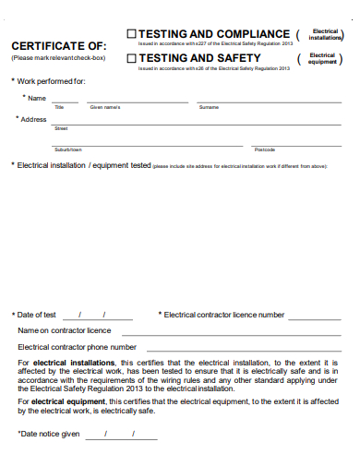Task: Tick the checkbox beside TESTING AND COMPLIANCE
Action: pos(130,34)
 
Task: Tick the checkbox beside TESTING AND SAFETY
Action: pos(130,58)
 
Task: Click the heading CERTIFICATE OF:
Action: pos(58,46)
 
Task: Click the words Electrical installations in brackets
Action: pos(325,35)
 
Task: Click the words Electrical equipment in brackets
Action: pos(322,58)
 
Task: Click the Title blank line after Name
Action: pos(64,101)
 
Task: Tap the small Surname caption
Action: pos(209,108)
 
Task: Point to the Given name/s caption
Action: pos(105,108)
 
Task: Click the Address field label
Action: pos(33,120)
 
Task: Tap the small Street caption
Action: pos(61,129)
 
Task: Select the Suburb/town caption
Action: pos(67,149)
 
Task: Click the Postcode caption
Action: pos(265,149)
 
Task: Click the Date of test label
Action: pos(37,315)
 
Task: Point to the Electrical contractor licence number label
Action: pos(224,315)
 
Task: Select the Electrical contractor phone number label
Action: pos(78,347)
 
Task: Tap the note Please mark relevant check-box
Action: pos(58,58)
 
